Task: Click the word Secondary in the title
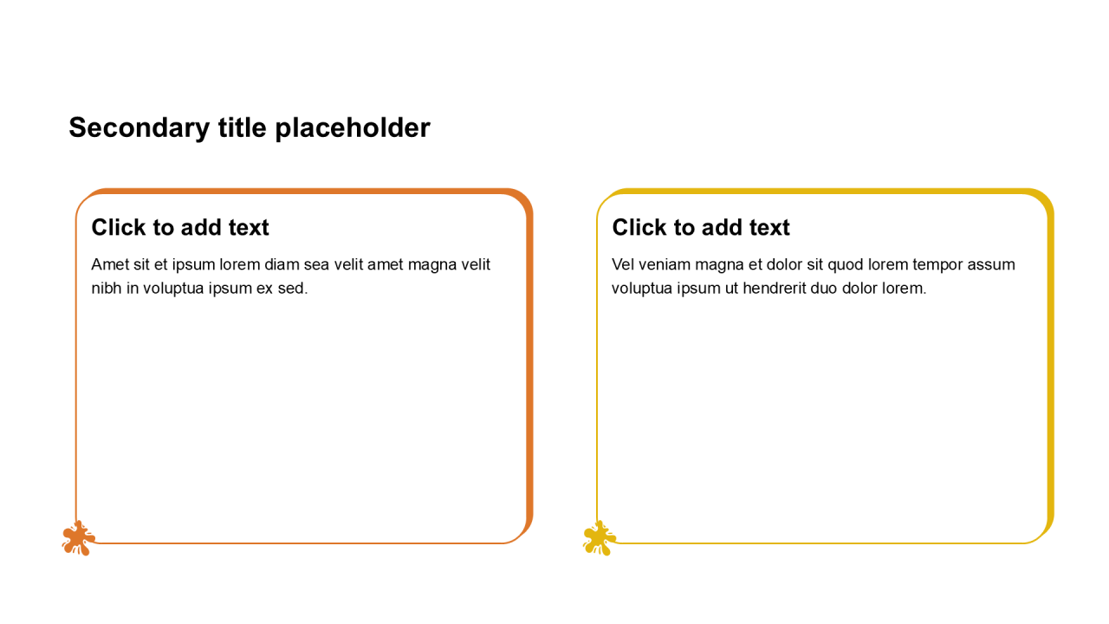pos(139,128)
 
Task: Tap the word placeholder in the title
pos(353,128)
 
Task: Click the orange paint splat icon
pos(78,538)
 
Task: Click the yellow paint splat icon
pos(599,538)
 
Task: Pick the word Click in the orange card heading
pos(119,228)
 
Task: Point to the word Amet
pos(110,264)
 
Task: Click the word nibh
pos(107,289)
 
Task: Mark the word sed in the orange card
pos(293,289)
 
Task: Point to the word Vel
pos(622,264)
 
